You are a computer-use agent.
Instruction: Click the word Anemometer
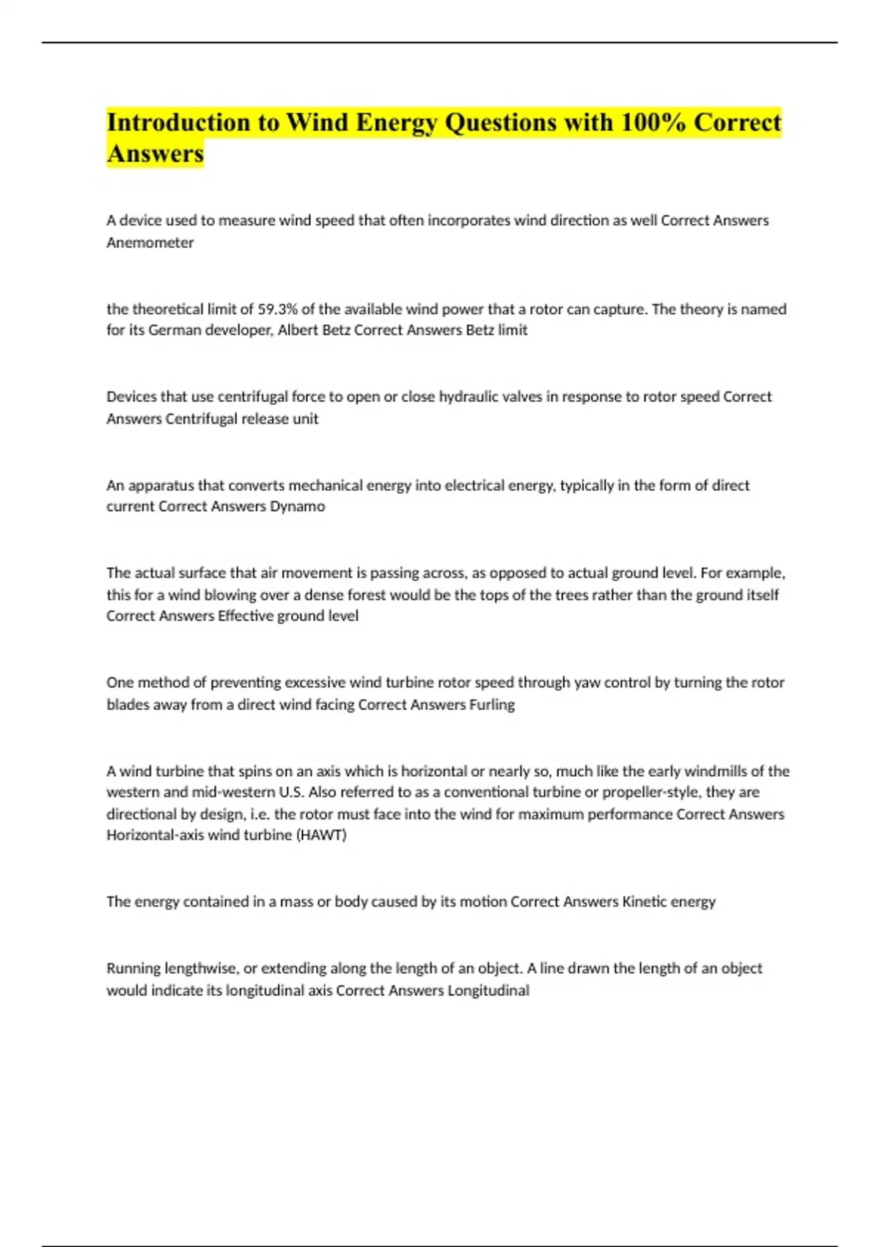150,243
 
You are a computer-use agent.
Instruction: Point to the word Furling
491,704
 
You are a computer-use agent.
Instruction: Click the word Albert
298,330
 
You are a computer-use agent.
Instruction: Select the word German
175,330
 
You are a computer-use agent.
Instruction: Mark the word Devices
131,397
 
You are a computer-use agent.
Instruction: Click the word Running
133,968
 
